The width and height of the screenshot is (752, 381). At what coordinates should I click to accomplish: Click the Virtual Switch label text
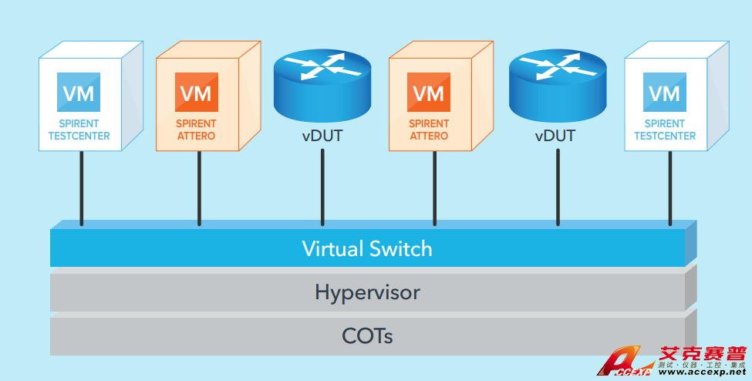click(366, 249)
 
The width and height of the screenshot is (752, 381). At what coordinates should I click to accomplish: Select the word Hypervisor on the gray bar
click(367, 292)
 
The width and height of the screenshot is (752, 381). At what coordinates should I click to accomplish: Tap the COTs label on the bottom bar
click(367, 336)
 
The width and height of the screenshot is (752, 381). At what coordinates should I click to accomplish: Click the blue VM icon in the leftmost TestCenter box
click(79, 93)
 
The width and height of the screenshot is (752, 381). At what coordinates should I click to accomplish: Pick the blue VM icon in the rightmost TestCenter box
click(664, 93)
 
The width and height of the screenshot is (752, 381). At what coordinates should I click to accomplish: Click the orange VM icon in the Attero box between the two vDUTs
click(429, 93)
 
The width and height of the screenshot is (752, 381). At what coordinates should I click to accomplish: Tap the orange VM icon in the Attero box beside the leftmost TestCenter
click(196, 93)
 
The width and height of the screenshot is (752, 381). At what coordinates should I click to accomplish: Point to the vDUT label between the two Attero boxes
click(322, 137)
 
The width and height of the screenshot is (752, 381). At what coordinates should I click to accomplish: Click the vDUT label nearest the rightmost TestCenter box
click(556, 137)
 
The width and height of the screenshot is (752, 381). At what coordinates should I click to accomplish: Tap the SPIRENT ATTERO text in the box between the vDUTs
click(429, 130)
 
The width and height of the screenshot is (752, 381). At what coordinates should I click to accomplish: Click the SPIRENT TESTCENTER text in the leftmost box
click(79, 130)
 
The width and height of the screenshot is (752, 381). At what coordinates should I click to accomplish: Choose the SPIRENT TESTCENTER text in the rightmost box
click(665, 130)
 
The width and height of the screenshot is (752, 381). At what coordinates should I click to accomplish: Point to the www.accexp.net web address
click(700, 373)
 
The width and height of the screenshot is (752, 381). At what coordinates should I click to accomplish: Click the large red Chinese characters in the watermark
click(702, 352)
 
